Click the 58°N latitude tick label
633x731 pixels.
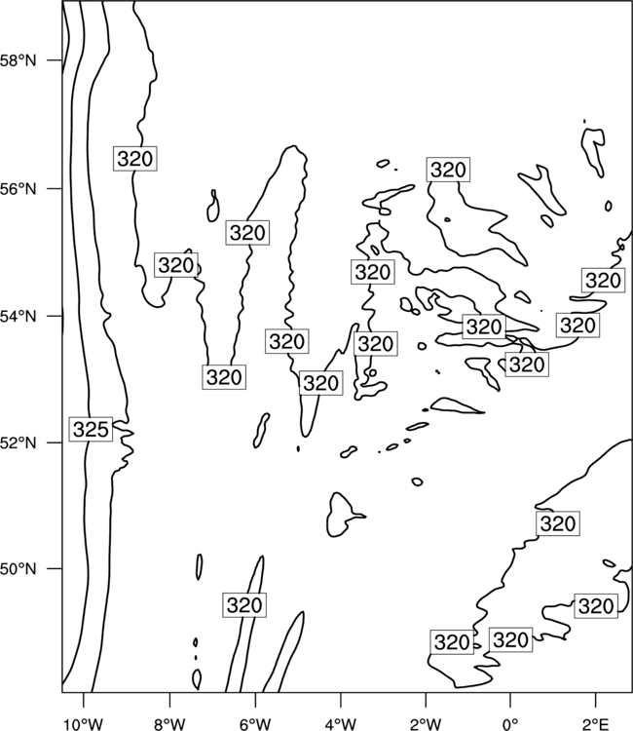tap(19, 60)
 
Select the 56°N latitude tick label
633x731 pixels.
tap(19, 189)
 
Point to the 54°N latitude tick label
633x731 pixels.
tap(19, 317)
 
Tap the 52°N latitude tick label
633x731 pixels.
tap(19, 442)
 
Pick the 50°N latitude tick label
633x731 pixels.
tap(19, 569)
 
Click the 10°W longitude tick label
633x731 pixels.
tap(84, 724)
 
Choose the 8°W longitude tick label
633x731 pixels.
tap(169, 724)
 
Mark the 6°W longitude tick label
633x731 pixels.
tap(255, 724)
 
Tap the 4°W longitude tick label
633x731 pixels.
tap(341, 724)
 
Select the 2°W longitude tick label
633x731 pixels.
tap(426, 724)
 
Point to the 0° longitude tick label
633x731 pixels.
tap(510, 724)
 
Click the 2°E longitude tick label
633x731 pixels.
tap(596, 724)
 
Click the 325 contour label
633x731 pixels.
tap(91, 429)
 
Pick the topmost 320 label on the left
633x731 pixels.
tap(135, 159)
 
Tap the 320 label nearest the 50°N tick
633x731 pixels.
tap(244, 605)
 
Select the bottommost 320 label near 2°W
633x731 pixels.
tap(451, 642)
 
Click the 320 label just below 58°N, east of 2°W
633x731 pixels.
tap(448, 170)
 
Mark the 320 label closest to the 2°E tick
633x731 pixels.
tap(596, 606)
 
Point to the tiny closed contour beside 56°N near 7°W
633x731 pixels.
tap(213, 206)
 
